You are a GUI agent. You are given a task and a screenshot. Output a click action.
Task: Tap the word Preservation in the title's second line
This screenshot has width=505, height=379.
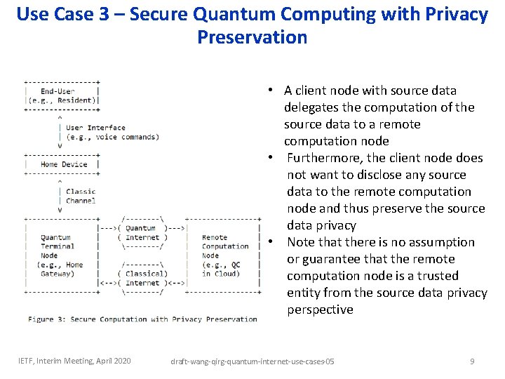tap(252, 36)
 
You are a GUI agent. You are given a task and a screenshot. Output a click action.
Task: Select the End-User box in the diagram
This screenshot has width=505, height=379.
tap(62, 95)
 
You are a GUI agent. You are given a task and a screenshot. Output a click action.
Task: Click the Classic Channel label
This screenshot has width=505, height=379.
tap(81, 196)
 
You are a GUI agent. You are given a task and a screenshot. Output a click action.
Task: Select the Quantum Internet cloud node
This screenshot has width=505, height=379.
tap(142, 232)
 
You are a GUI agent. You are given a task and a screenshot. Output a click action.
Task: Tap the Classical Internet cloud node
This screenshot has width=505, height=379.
tap(142, 278)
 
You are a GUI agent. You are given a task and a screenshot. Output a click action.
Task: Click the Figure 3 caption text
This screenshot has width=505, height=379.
tap(142, 319)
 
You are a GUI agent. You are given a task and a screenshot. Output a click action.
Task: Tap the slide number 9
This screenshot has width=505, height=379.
tap(472, 361)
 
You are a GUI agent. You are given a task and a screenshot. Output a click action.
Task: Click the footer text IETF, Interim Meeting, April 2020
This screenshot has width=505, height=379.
tap(74, 361)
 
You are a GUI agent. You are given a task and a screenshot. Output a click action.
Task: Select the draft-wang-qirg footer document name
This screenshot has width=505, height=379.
tap(252, 361)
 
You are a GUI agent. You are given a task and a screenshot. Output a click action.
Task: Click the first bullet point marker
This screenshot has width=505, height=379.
tap(269, 91)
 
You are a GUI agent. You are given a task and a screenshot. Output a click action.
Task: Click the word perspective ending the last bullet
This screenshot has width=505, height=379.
tap(320, 310)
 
